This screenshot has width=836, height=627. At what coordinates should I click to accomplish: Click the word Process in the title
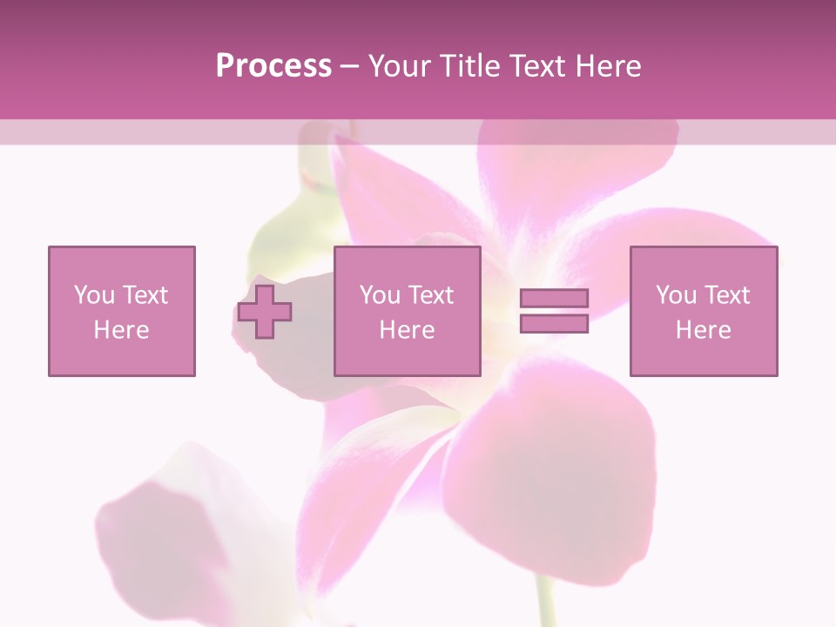(x=273, y=66)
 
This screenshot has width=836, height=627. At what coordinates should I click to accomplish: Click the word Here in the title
(x=608, y=66)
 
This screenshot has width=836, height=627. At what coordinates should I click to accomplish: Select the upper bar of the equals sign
(x=554, y=299)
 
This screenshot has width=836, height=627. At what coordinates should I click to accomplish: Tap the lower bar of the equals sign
(x=554, y=323)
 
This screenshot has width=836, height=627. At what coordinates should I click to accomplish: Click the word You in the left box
(x=94, y=295)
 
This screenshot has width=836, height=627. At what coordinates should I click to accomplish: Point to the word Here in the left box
(x=121, y=330)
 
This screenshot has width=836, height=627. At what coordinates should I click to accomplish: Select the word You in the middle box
(x=380, y=295)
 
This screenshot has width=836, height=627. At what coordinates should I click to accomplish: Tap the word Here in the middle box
(x=407, y=330)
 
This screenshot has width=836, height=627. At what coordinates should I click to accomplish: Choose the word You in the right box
(x=676, y=295)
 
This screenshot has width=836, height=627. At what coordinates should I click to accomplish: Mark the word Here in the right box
(x=703, y=330)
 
